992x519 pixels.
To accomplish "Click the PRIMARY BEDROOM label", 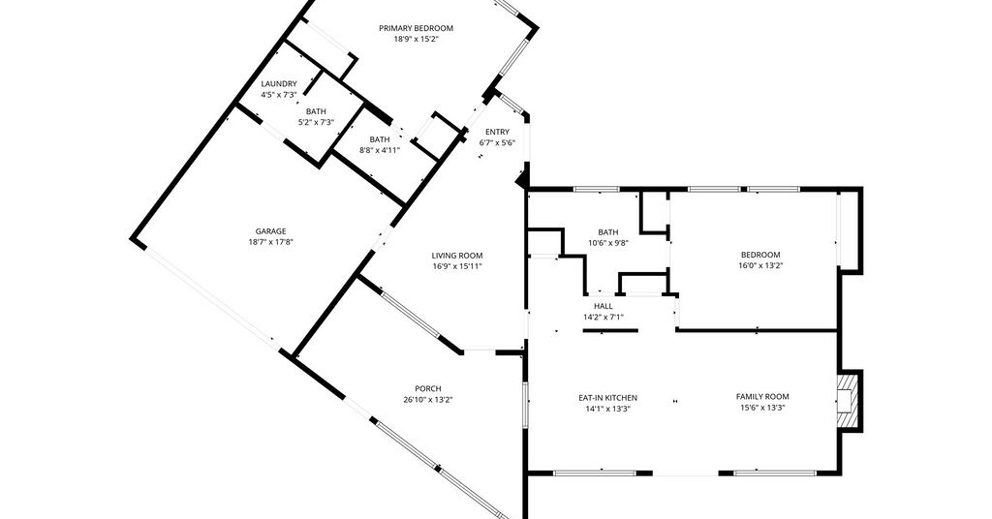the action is point(416,28).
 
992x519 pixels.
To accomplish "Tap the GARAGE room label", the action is point(271,231).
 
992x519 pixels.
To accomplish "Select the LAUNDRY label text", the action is point(279,84).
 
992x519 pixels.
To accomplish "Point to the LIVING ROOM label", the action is point(457,256).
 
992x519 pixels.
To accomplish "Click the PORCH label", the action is point(428,389).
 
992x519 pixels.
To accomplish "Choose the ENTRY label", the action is point(497,132).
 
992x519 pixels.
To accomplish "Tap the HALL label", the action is point(603,306).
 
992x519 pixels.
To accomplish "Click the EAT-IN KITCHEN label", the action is point(608,398).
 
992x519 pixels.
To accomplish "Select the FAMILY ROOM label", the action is point(762,396).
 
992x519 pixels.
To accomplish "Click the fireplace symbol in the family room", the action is point(847,401).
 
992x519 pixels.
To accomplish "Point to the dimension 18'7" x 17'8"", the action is point(271,241).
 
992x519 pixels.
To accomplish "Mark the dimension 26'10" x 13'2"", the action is point(428,399).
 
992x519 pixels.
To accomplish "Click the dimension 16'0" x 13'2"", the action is point(760,265).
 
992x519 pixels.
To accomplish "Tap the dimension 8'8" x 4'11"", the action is point(380,150).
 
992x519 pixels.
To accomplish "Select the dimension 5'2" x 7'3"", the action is point(317,122).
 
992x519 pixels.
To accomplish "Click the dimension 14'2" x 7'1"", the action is point(603,317).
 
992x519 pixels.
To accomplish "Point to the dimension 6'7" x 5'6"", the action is point(497,142).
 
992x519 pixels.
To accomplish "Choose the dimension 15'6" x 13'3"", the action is point(762,407).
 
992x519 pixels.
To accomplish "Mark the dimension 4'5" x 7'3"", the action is point(279,94).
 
